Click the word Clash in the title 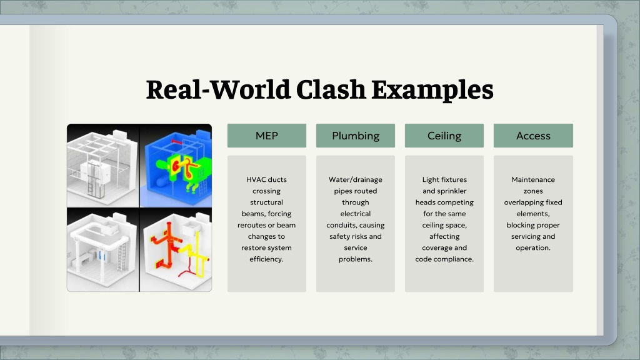coord(331,89)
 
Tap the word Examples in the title coord(432,91)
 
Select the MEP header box coord(266,136)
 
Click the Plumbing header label coord(356,136)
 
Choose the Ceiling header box coord(444,136)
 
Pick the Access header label coord(533,136)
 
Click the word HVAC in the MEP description coord(254,179)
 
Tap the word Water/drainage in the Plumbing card coord(356,179)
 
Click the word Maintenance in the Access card coord(533,179)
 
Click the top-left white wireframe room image coord(103,166)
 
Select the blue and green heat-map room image coord(176,166)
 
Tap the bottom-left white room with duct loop coord(103,250)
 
